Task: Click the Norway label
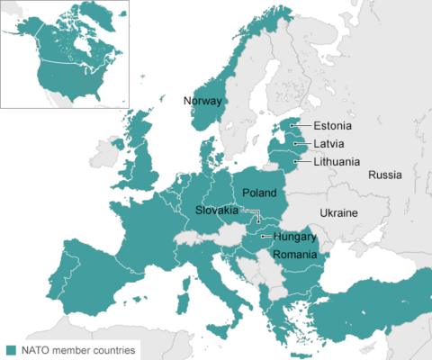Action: tap(202, 101)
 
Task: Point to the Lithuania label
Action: tap(337, 162)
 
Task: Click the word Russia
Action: tap(385, 175)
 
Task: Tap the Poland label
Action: tap(260, 193)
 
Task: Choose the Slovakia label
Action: tap(217, 210)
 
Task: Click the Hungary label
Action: tap(295, 238)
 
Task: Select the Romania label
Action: tap(296, 255)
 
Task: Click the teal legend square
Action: tap(11, 349)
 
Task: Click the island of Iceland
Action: tap(117, 143)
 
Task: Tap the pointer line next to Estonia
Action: tap(301, 126)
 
